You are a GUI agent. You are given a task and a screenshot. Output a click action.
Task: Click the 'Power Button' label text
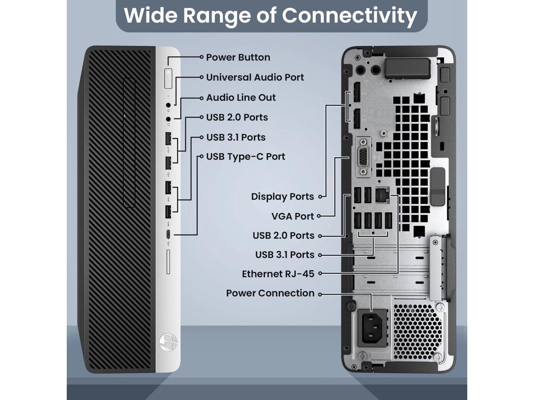[238, 57]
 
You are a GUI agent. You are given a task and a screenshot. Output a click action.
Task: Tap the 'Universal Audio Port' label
[255, 77]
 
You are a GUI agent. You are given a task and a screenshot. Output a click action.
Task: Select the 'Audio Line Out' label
[241, 97]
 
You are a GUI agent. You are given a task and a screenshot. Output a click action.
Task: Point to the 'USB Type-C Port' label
[245, 157]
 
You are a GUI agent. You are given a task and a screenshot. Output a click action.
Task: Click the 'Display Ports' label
[282, 197]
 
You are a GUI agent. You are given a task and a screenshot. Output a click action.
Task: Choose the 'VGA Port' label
[292, 216]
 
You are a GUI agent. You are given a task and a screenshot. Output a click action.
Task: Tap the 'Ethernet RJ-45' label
[278, 274]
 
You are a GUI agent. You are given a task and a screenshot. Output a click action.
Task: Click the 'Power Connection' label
[270, 293]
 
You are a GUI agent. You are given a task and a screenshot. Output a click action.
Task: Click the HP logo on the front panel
[168, 342]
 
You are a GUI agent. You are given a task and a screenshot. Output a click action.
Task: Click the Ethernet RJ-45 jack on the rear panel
[381, 195]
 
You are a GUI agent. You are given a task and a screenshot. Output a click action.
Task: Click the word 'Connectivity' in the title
[349, 15]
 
